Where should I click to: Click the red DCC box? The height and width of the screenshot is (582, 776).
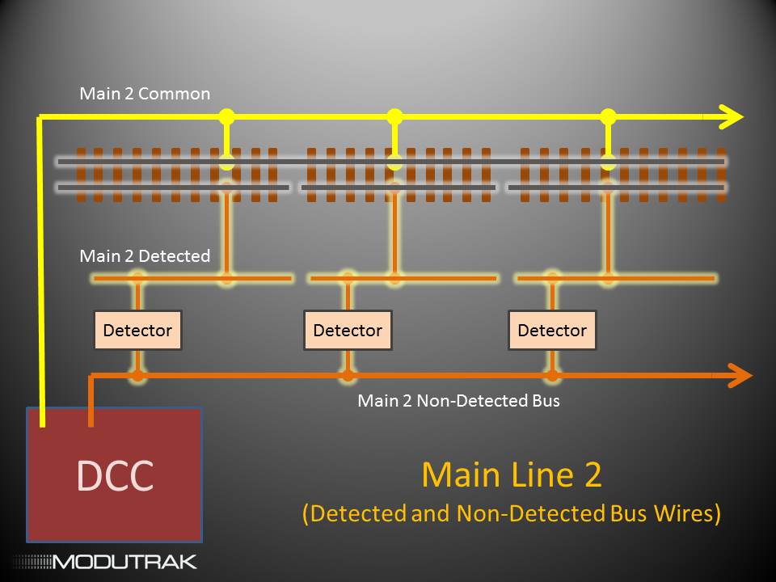[114, 474]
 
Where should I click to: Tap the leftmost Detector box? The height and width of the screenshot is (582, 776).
[137, 330]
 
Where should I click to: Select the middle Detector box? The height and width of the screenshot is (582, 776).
[348, 330]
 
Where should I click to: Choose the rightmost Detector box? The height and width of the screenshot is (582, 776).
[552, 330]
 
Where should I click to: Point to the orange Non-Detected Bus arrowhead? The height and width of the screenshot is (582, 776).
[740, 375]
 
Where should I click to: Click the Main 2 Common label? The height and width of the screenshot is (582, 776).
[145, 94]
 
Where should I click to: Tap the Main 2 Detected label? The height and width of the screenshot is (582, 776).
[145, 256]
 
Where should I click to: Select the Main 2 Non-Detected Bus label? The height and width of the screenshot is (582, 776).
[458, 400]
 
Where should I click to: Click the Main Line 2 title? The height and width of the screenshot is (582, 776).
[511, 474]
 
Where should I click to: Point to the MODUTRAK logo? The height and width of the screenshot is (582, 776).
[104, 561]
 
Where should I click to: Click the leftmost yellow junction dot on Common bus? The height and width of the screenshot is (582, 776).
[226, 116]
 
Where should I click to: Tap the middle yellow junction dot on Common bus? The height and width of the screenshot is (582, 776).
[394, 116]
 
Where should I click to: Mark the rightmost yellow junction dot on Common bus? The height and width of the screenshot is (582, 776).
[609, 116]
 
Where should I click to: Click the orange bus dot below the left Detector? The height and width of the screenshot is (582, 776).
[137, 375]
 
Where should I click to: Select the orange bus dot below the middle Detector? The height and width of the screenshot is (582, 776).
[348, 375]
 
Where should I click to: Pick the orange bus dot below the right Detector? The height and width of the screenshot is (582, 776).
[552, 375]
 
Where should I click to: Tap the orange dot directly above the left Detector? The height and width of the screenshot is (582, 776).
[137, 279]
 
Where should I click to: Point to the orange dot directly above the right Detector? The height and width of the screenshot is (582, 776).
[552, 279]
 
